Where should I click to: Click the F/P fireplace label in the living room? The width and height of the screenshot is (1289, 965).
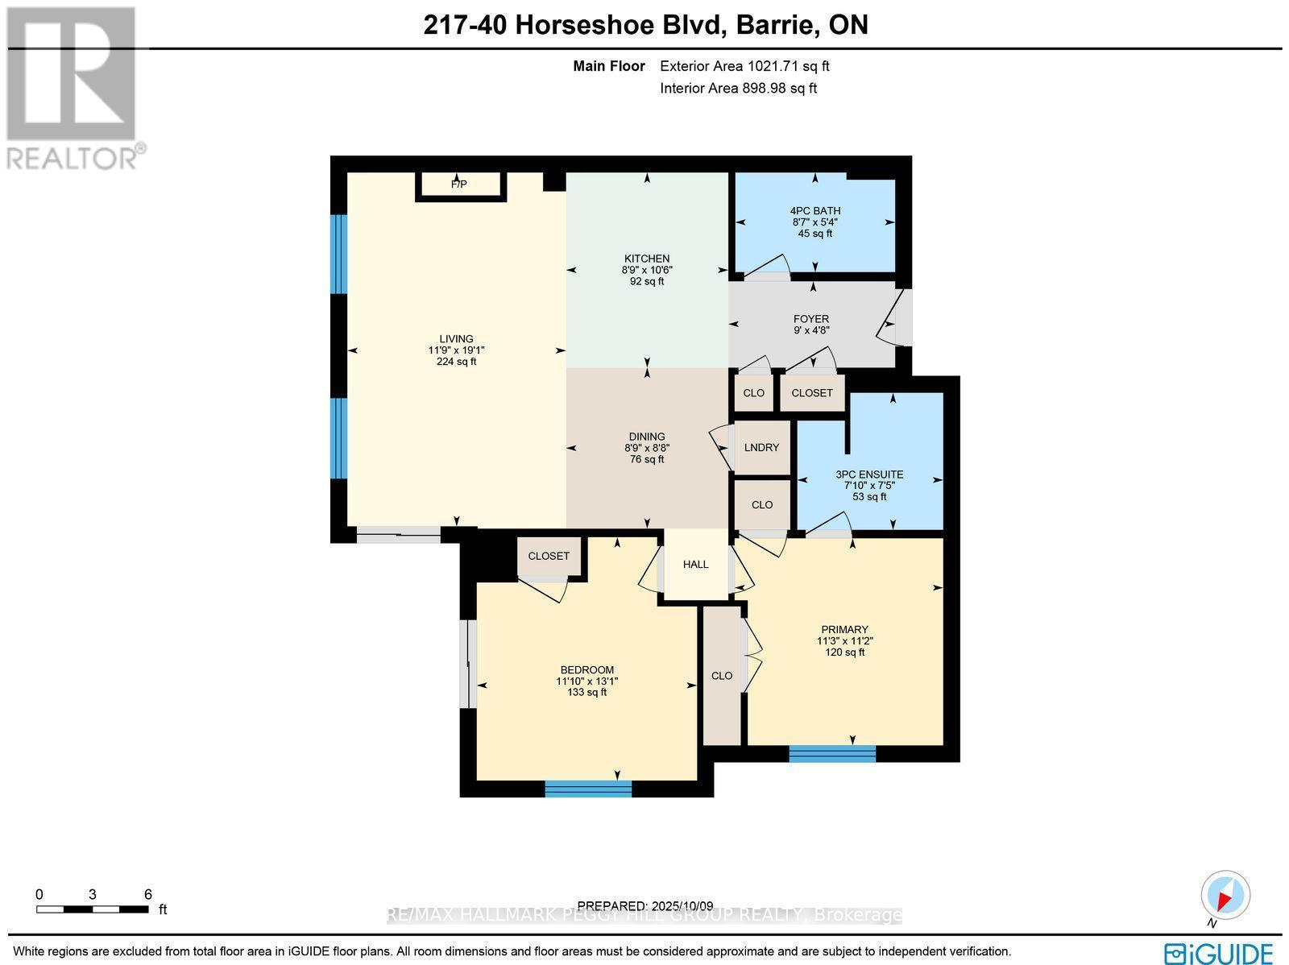pyautogui.click(x=458, y=184)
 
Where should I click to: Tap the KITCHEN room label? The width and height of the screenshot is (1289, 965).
pyautogui.click(x=647, y=259)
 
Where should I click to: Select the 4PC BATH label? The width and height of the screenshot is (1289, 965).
pyautogui.click(x=814, y=211)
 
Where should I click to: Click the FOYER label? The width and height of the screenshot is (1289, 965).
pyautogui.click(x=810, y=319)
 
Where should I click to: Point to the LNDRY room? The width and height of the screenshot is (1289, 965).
pyautogui.click(x=761, y=447)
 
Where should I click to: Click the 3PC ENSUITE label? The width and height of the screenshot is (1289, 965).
pyautogui.click(x=868, y=474)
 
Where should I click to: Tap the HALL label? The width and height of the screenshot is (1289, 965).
pyautogui.click(x=695, y=564)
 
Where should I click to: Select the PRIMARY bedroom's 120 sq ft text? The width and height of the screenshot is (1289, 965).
pyautogui.click(x=844, y=652)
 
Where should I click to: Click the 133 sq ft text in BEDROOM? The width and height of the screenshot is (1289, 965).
pyautogui.click(x=586, y=693)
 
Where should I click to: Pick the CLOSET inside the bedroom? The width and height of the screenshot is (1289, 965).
pyautogui.click(x=549, y=556)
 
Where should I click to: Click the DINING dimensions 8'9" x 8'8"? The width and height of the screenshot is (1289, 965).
pyautogui.click(x=647, y=448)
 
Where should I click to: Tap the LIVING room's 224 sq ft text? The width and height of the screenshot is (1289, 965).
pyautogui.click(x=456, y=362)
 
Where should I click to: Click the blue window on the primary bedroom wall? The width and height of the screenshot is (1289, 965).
pyautogui.click(x=832, y=753)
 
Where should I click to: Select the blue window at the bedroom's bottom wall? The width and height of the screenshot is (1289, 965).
pyautogui.click(x=588, y=789)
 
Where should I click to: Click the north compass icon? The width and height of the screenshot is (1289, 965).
pyautogui.click(x=1225, y=896)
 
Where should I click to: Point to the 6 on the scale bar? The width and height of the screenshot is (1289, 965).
pyautogui.click(x=148, y=894)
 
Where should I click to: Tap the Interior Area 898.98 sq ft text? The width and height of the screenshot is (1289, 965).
pyautogui.click(x=738, y=89)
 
